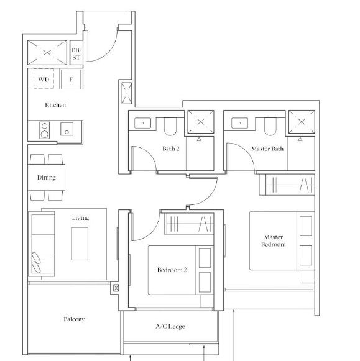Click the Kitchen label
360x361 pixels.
(x=55, y=105)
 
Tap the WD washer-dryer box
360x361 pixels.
(x=44, y=78)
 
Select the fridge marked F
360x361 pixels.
(x=71, y=79)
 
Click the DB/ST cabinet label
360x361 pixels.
(x=76, y=53)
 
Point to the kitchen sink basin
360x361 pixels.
(x=67, y=129)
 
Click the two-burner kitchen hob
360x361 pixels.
(x=44, y=130)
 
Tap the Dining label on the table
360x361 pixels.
(x=47, y=178)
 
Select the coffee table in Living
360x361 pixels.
(x=80, y=244)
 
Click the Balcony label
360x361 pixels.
(x=74, y=319)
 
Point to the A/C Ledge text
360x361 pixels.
(x=170, y=326)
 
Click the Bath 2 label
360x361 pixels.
(x=170, y=149)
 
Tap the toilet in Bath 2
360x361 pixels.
(x=170, y=126)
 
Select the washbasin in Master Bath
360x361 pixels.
(x=239, y=123)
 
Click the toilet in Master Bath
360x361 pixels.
(x=270, y=126)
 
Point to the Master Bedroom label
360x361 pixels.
(x=274, y=240)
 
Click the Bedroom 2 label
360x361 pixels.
(x=172, y=270)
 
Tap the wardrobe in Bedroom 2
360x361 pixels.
(x=189, y=224)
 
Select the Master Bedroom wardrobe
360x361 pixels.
(x=287, y=185)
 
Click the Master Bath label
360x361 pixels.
(x=267, y=149)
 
